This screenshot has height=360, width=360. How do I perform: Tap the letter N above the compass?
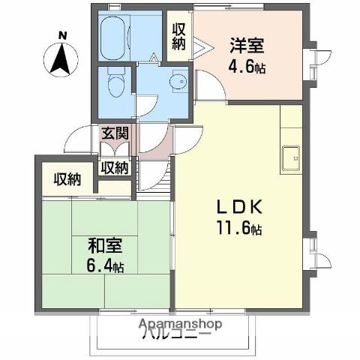coord(63,34)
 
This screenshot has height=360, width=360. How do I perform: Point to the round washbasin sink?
coord(178,82)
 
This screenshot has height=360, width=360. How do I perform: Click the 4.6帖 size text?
coord(248,66)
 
